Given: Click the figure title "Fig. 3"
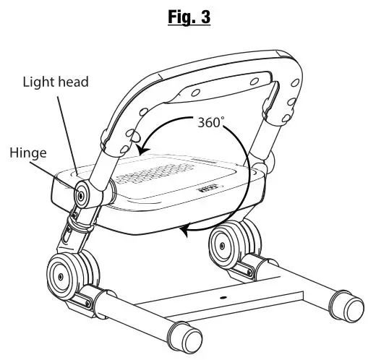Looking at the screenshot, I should pos(185,17).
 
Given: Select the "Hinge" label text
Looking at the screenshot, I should pos(28,153).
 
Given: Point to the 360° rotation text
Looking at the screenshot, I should pos(212,121).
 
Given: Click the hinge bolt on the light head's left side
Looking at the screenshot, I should pos(82,193).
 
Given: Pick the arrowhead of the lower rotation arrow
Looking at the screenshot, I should pos(185,231).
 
